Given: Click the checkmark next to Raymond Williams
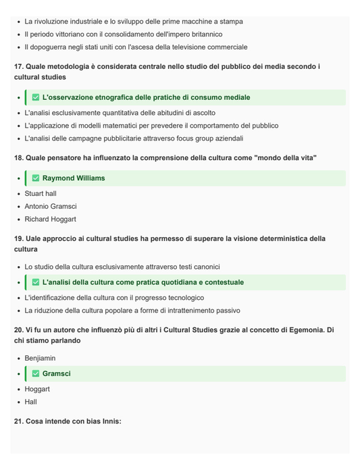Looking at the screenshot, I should tap(36, 178).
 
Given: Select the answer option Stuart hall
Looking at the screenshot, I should tap(41, 194).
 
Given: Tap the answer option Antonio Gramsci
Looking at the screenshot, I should tap(51, 207).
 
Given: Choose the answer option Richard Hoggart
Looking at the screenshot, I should tap(50, 219).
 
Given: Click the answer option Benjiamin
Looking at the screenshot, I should tap(40, 359).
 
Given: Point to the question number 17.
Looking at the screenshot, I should tap(19, 67).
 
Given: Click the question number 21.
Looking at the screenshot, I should tap(19, 421).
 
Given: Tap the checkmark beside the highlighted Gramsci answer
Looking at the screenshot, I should tap(36, 373).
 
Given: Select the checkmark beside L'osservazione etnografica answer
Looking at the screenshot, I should tap(36, 97).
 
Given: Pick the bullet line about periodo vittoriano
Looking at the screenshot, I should tap(124, 34).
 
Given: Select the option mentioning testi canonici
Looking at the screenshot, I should tap(122, 267).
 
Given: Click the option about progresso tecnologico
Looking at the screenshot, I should tap(114, 298).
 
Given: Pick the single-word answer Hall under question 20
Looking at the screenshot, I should tap(31, 402).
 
